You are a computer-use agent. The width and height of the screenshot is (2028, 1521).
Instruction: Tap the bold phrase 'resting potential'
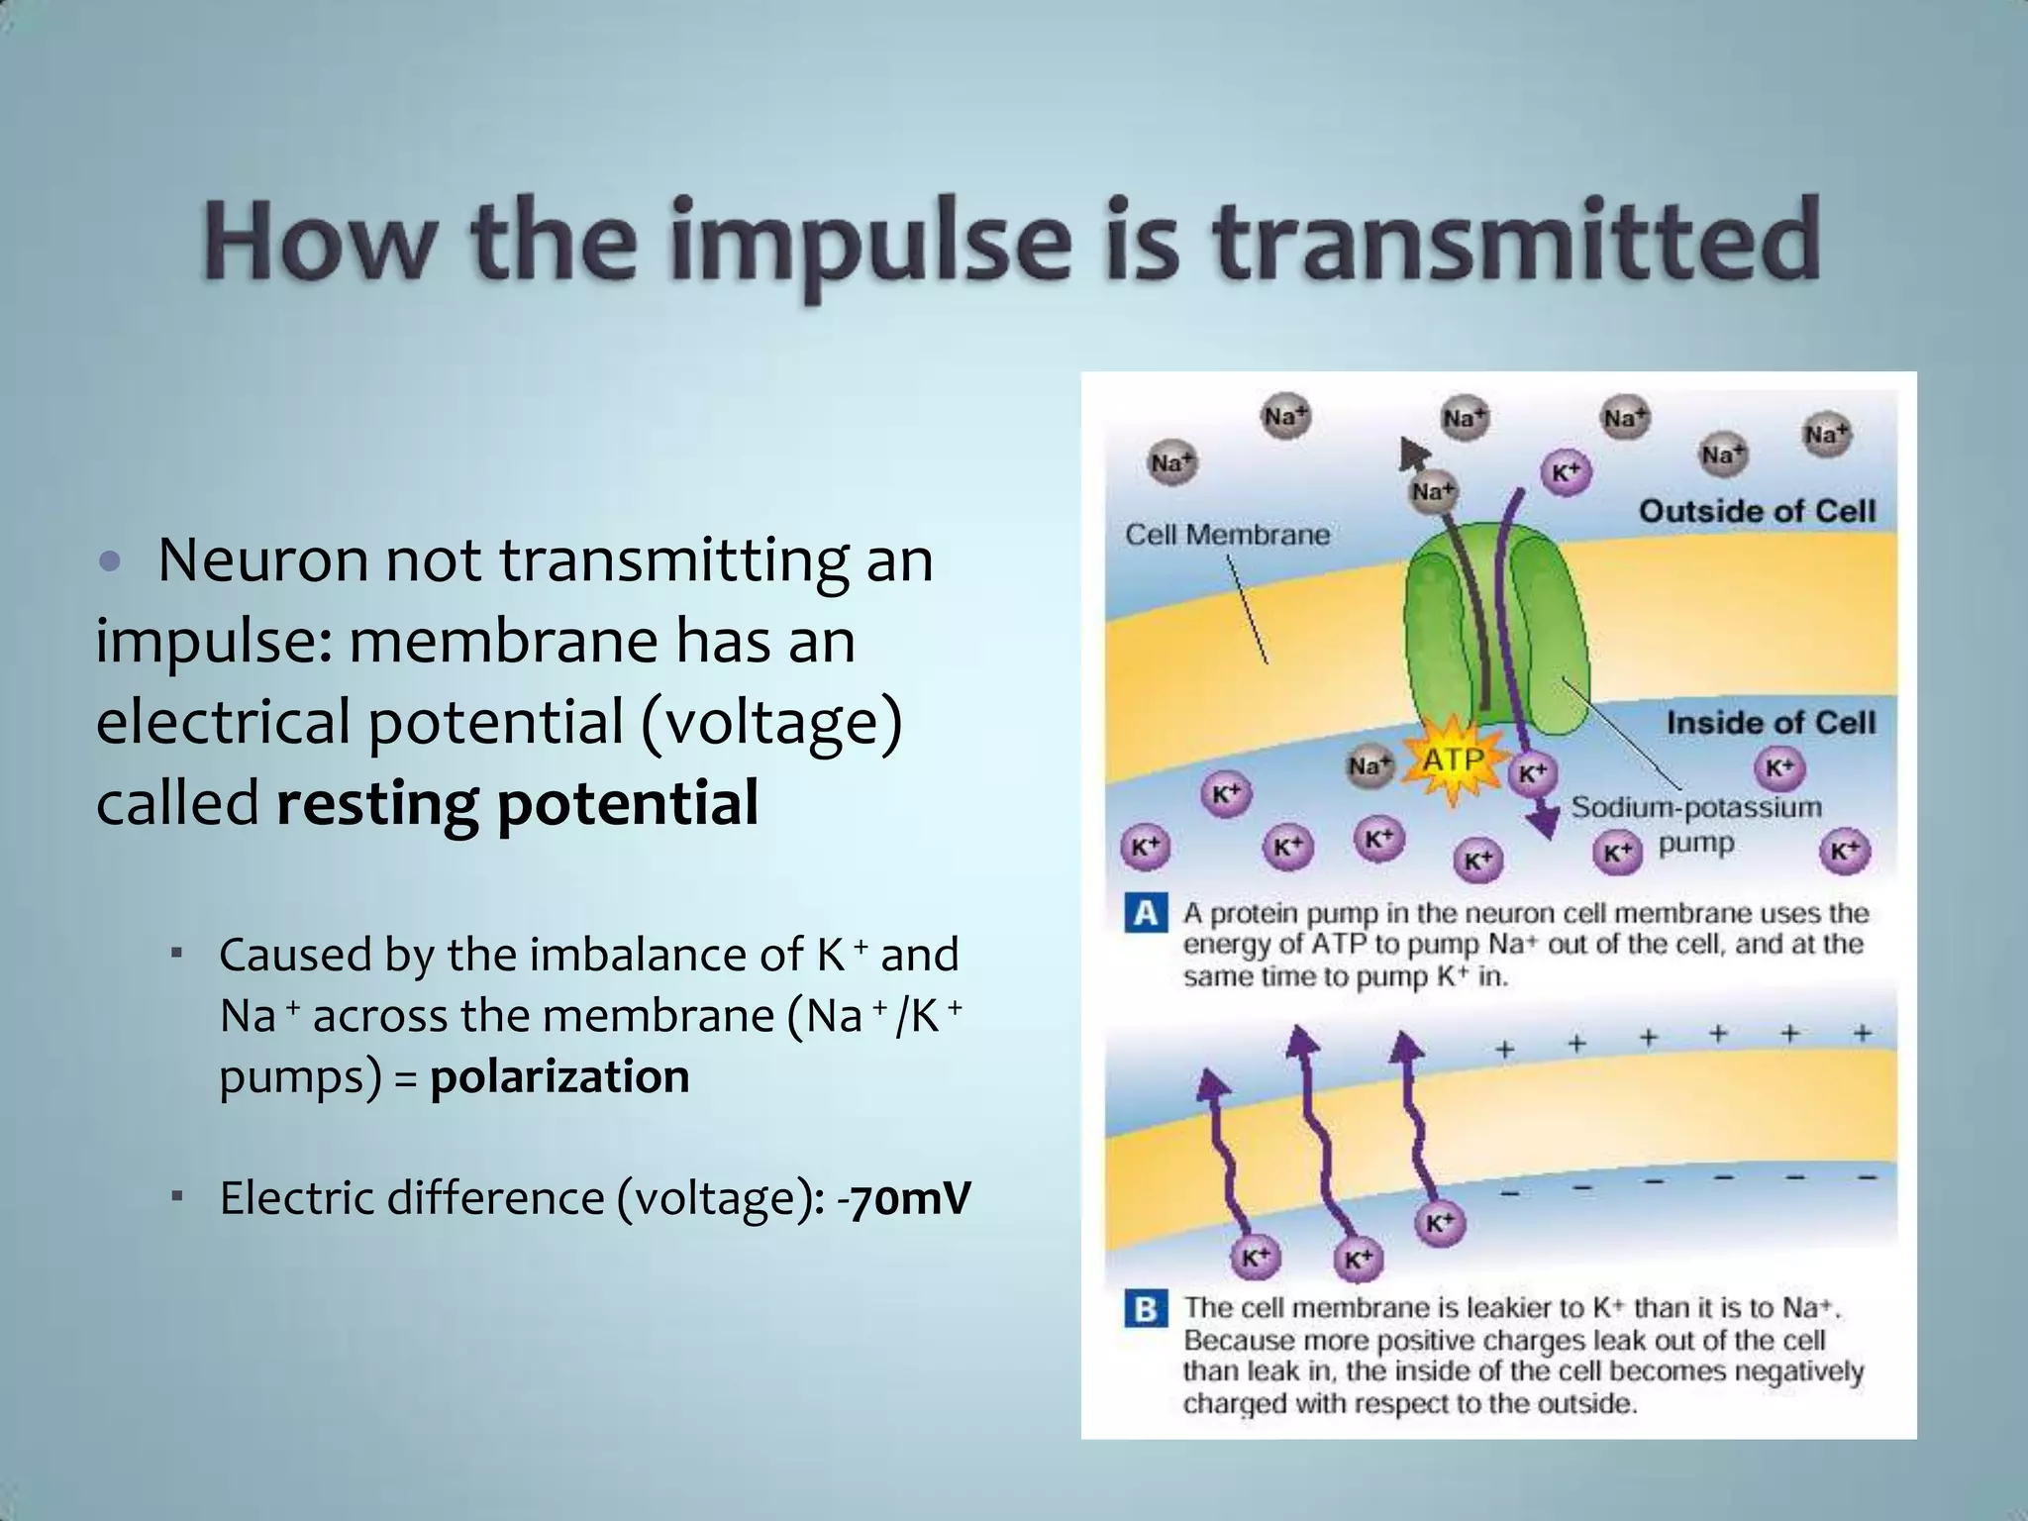[x=517, y=802]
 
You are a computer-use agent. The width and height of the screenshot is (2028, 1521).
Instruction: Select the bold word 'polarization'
[x=559, y=1076]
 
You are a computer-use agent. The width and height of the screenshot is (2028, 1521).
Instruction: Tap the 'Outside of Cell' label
[x=1757, y=511]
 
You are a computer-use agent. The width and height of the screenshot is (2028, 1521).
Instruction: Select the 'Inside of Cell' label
[x=1770, y=722]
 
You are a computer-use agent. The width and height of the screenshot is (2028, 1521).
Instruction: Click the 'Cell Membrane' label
[x=1227, y=535]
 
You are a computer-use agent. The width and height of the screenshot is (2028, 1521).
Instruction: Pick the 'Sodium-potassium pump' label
[x=1695, y=824]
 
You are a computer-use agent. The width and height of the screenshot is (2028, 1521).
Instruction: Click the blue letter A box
[x=1145, y=912]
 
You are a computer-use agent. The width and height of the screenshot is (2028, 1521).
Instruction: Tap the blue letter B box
[x=1145, y=1309]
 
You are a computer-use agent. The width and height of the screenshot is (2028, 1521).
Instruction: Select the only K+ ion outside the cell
[x=1565, y=473]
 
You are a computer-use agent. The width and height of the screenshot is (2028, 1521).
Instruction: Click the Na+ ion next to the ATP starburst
[x=1369, y=765]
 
